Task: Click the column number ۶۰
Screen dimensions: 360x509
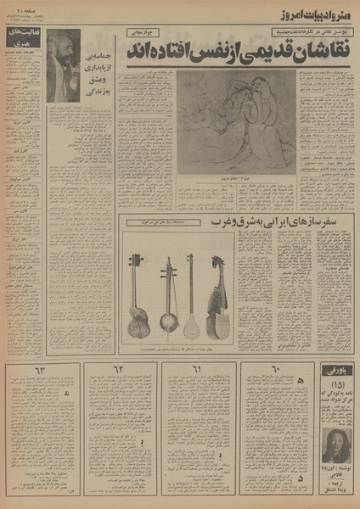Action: tap(273, 371)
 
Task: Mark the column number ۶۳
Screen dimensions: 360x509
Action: tap(40, 371)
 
